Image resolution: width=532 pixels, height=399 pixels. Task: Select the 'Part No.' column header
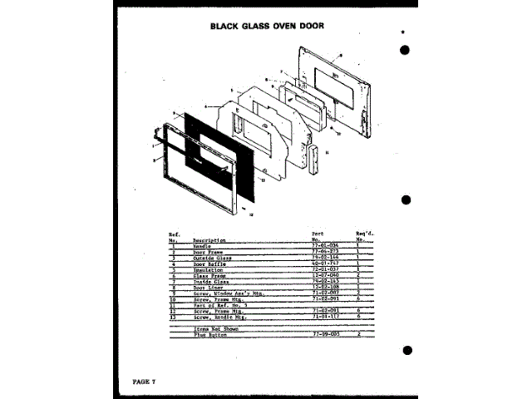click(319, 237)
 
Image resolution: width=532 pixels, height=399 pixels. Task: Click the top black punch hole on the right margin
click(405, 49)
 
